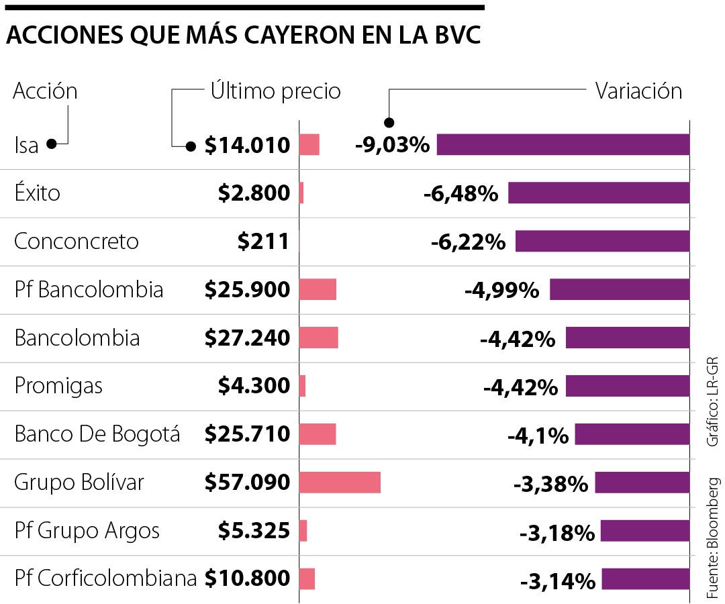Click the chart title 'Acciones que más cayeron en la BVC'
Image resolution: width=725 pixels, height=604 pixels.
pos(244,37)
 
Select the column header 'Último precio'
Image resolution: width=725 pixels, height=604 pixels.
pos(275,91)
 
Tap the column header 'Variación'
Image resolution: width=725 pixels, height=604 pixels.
pos(638,91)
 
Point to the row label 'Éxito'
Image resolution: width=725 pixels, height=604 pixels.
pos(38,193)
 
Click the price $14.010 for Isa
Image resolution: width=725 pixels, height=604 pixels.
pos(247,145)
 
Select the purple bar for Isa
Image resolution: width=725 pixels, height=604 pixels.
pos(563,145)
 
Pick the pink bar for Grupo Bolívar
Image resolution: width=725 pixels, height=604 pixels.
pos(340,483)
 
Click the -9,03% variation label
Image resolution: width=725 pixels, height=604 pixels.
pos(392,145)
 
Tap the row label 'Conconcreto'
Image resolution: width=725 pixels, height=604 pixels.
pos(77,242)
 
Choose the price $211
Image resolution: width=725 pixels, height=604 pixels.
pos(263,242)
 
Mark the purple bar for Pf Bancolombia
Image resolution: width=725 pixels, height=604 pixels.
pos(619,290)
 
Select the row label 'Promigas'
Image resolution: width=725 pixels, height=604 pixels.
pos(59,387)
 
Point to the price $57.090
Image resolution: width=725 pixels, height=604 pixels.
pos(247,483)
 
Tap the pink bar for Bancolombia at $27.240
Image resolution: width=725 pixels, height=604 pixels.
pos(318,338)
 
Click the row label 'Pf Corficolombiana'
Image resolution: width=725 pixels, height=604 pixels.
pos(105,578)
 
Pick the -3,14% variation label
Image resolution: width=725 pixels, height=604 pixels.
pos(557,581)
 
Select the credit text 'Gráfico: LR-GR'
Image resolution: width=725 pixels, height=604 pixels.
pos(713,402)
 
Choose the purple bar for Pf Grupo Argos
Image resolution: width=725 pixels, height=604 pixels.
pos(644,531)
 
